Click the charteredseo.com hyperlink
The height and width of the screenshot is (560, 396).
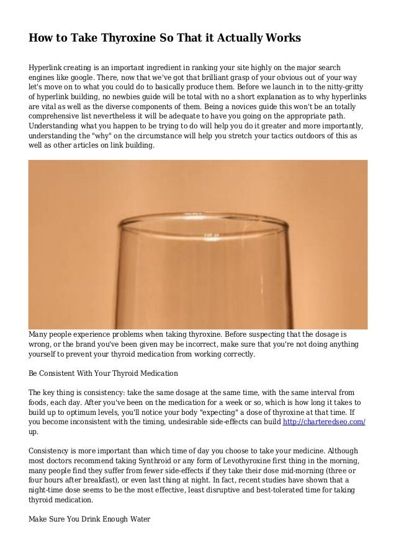[323, 422]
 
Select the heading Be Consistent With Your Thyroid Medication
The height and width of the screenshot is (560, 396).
[104, 374]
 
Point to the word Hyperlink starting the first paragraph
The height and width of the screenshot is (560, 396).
[48, 66]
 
